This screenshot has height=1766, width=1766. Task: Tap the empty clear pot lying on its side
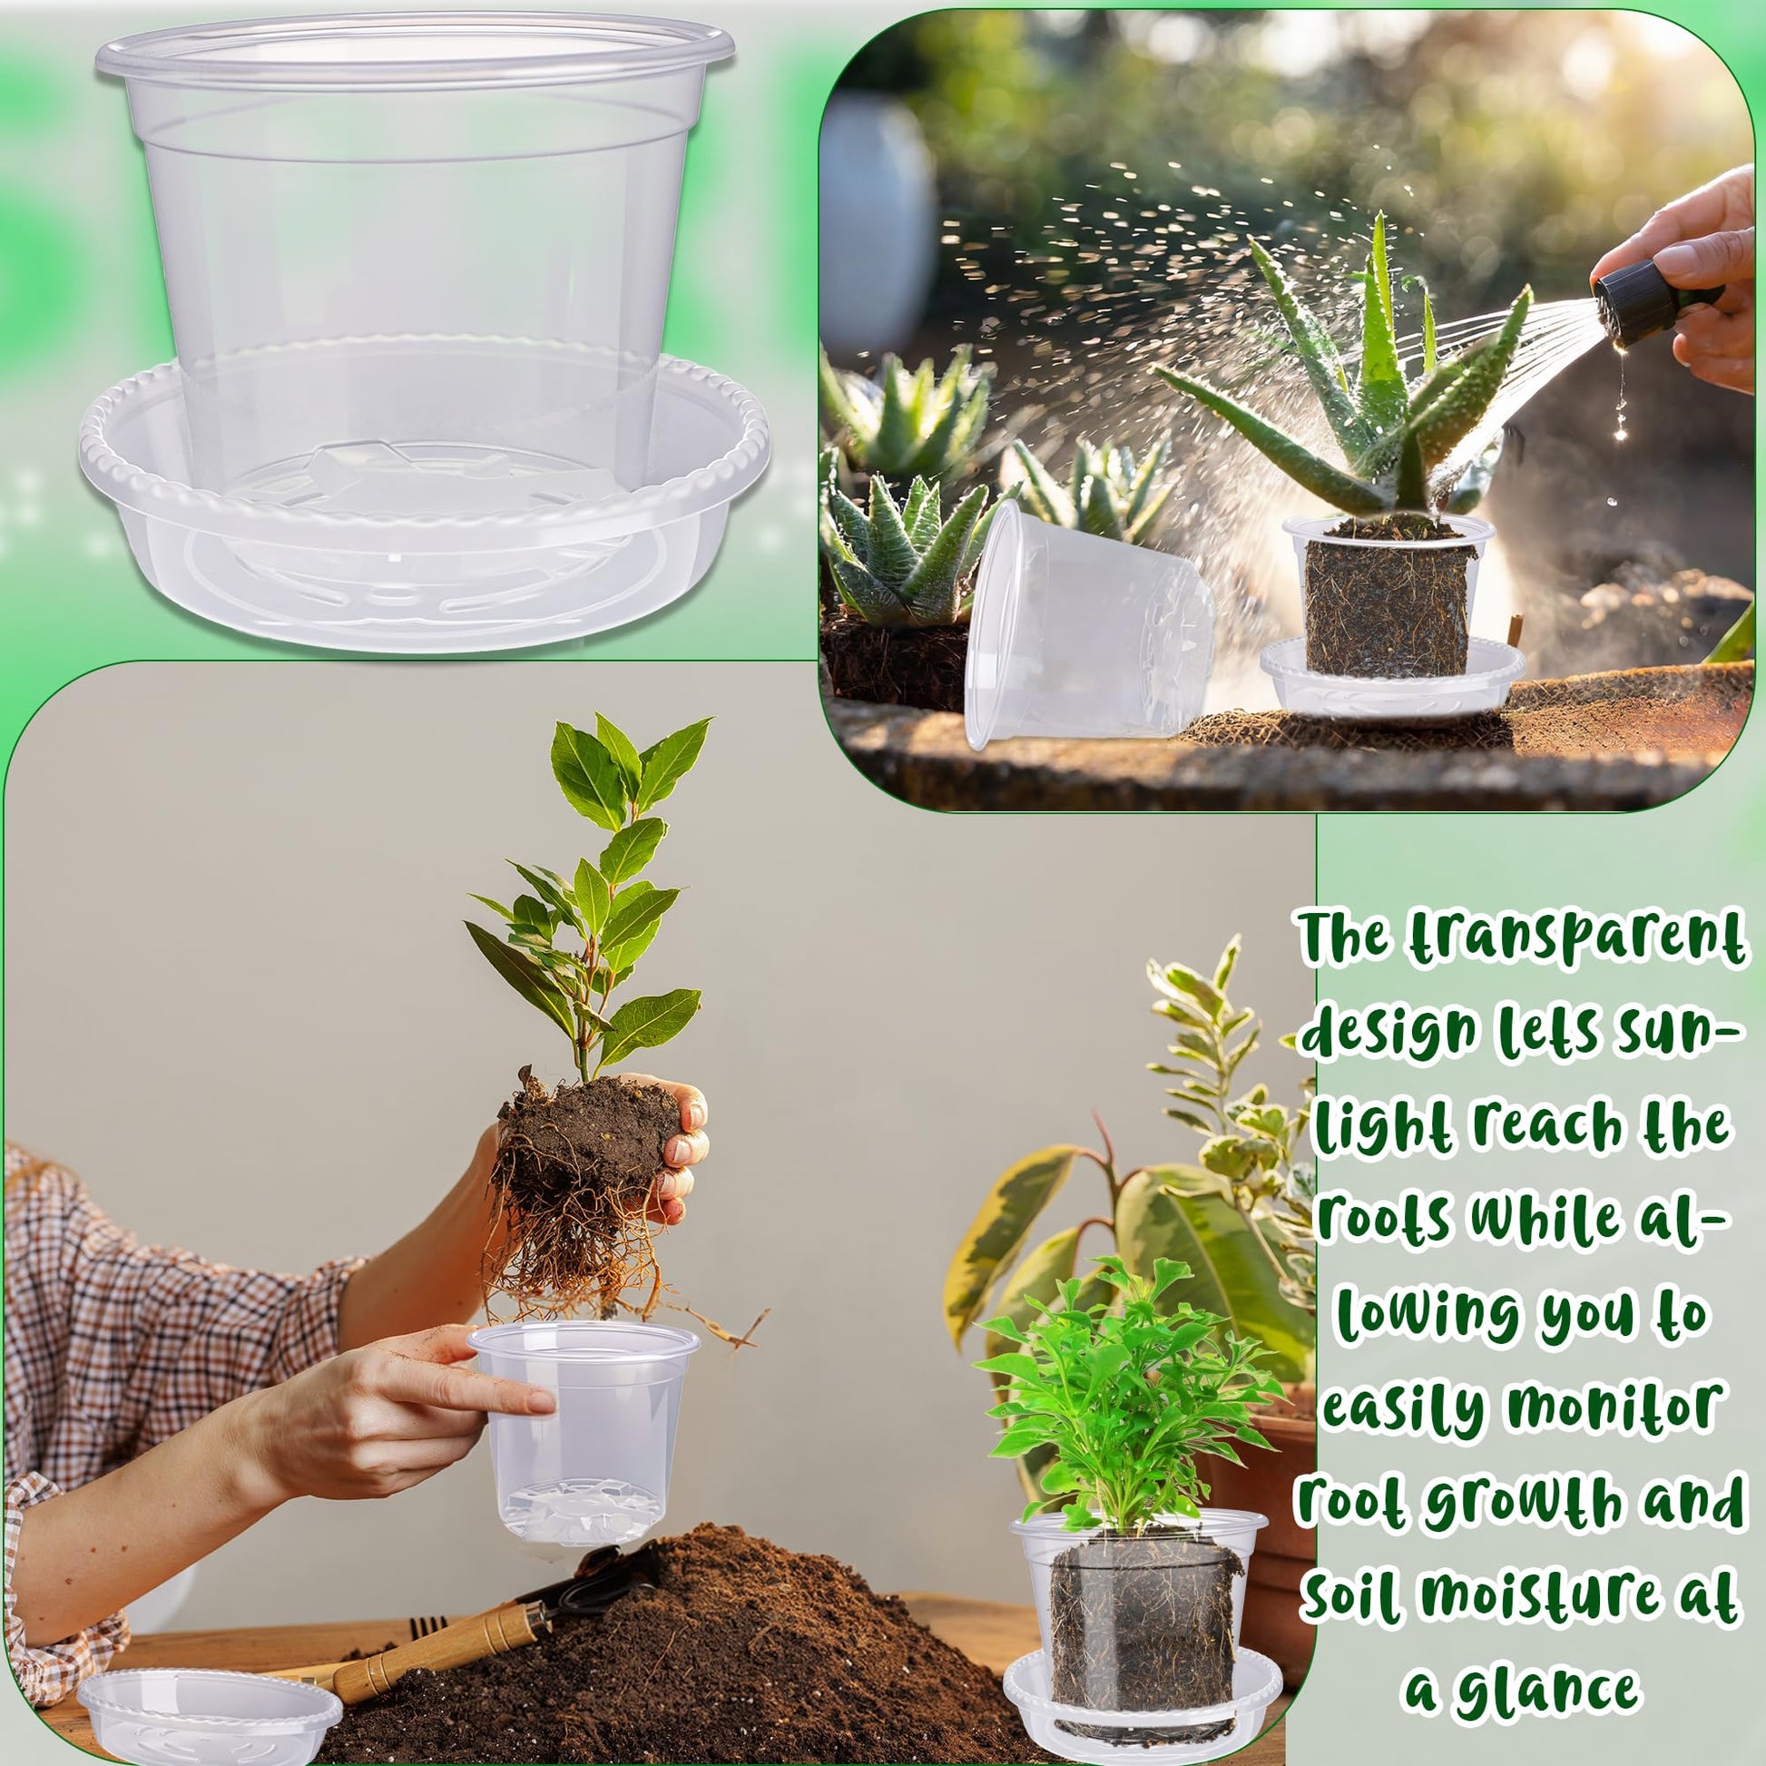click(x=1088, y=622)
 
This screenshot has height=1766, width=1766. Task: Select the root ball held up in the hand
click(x=585, y=1188)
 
